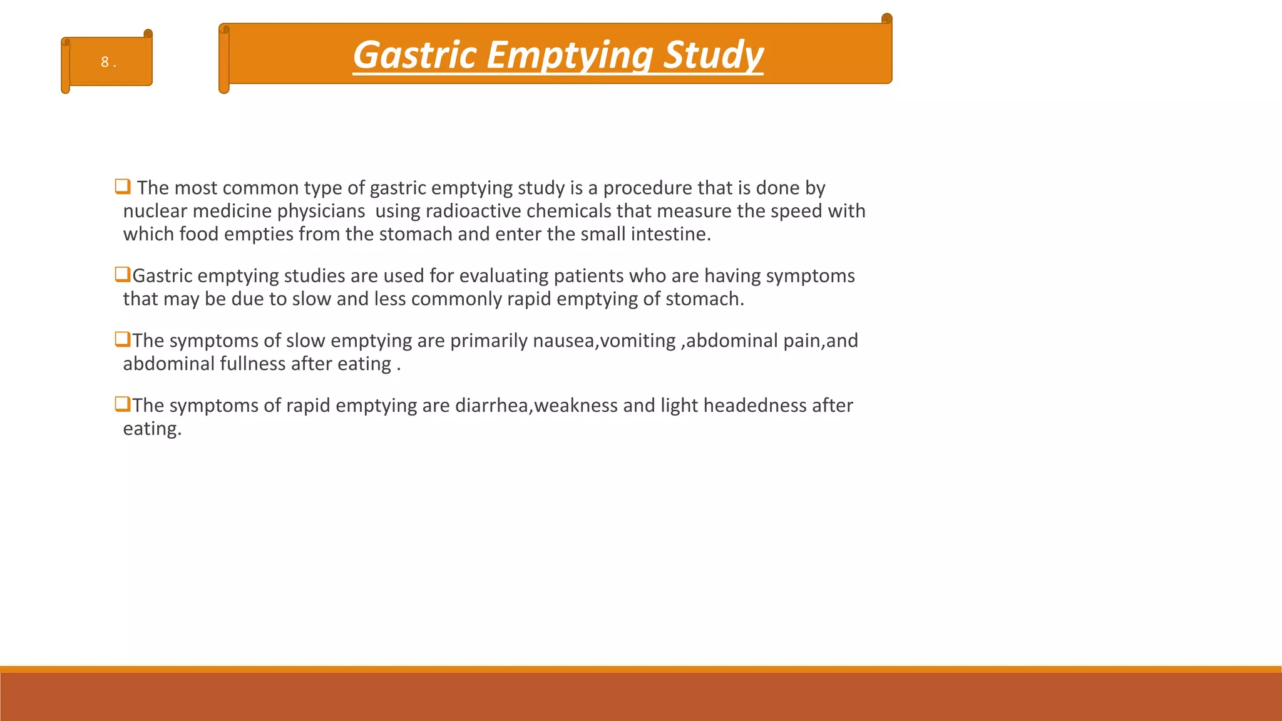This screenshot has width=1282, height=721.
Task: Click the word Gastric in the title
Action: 415,55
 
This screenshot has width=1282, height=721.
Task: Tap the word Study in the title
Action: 713,55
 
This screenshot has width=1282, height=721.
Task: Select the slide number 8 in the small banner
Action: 105,62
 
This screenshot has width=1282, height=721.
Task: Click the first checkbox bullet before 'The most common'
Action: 122,187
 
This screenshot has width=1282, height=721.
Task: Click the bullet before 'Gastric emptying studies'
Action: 122,274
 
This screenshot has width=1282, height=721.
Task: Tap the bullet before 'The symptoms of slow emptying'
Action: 122,339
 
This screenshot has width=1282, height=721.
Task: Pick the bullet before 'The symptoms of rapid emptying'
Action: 122,404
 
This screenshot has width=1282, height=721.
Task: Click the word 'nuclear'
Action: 155,211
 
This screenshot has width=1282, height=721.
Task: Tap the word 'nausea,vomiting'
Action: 603,340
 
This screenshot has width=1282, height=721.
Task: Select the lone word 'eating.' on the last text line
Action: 152,429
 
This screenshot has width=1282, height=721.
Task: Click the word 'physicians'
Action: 320,211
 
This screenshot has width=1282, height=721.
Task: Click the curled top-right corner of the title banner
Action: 886,19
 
